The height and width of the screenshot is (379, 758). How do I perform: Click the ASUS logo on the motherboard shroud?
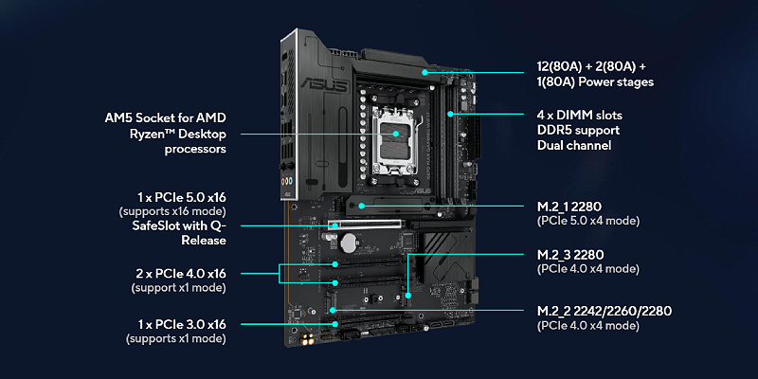pyautogui.click(x=324, y=86)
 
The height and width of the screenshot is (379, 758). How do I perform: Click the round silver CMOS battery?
pyautogui.click(x=349, y=244)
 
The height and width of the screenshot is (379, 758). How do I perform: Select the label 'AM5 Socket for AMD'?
pyautogui.click(x=165, y=117)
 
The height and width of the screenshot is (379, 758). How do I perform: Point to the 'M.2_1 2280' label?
pyautogui.click(x=569, y=207)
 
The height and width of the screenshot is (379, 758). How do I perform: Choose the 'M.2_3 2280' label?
pyautogui.click(x=570, y=254)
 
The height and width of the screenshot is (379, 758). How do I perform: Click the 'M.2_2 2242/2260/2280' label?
pyautogui.click(x=605, y=311)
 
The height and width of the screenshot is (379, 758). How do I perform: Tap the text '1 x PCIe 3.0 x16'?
pyautogui.click(x=181, y=324)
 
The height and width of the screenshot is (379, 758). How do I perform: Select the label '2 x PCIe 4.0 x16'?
pyautogui.click(x=181, y=274)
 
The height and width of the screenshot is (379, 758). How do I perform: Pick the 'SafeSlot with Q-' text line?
pyautogui.click(x=179, y=226)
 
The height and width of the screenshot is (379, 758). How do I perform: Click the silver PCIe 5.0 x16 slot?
pyautogui.click(x=366, y=225)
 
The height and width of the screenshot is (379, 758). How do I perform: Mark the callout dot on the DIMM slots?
pyautogui.click(x=450, y=114)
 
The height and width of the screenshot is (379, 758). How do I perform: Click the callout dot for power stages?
pyautogui.click(x=424, y=73)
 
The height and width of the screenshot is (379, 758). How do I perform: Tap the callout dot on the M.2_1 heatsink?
pyautogui.click(x=363, y=206)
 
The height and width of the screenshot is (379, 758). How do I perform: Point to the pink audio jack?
pyautogui.click(x=283, y=182)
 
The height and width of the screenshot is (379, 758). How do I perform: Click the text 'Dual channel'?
pyautogui.click(x=574, y=145)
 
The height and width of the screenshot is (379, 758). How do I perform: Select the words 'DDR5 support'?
pyautogui.click(x=578, y=131)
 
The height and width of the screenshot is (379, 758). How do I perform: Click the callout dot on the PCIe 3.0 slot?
pyautogui.click(x=335, y=324)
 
